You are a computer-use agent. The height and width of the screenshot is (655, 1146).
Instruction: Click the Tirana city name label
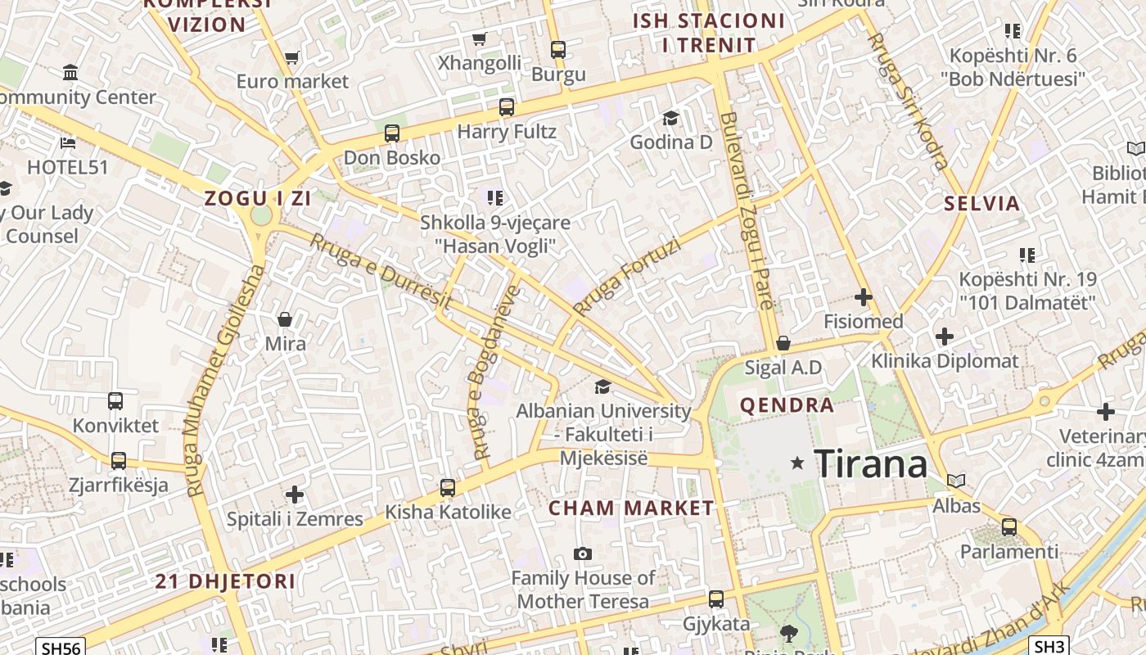871,464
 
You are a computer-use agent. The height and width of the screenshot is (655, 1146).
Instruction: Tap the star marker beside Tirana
796,463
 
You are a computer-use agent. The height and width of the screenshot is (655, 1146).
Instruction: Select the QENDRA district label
787,405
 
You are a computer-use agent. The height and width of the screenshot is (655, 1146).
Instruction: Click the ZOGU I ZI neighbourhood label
246,198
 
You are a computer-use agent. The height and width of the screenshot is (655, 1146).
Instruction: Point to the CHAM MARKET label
631,508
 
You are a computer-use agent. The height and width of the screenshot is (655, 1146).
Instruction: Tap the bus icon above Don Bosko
392,133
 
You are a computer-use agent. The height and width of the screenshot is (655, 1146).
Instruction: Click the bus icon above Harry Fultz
507,106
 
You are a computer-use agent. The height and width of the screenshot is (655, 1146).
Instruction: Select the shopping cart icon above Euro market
291,57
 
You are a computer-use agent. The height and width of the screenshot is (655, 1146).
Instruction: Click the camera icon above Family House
582,553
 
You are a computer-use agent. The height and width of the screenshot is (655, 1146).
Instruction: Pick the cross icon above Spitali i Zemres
295,495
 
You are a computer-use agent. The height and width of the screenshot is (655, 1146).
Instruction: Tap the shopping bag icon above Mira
285,318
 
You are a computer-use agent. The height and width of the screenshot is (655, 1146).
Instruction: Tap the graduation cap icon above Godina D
670,118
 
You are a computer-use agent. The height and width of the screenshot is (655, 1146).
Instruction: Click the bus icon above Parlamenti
1009,526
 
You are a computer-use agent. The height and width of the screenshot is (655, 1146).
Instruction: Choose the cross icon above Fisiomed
863,296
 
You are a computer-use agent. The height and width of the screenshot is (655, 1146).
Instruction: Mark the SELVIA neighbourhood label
982,204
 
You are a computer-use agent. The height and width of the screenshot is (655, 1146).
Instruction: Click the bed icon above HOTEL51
68,142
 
